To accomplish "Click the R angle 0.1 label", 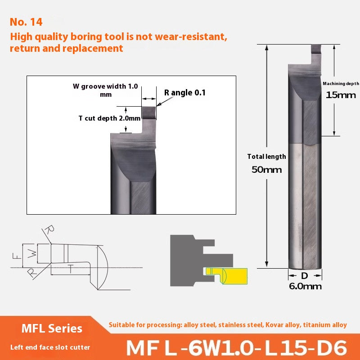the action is click(x=184, y=93).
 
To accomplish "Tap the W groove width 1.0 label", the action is click(x=105, y=86).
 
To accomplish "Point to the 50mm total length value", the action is click(x=267, y=170).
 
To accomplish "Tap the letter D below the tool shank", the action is click(x=305, y=275).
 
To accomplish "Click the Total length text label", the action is click(x=266, y=157).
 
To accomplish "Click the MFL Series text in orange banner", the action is click(x=52, y=328).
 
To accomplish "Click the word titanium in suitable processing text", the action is click(x=317, y=325).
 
